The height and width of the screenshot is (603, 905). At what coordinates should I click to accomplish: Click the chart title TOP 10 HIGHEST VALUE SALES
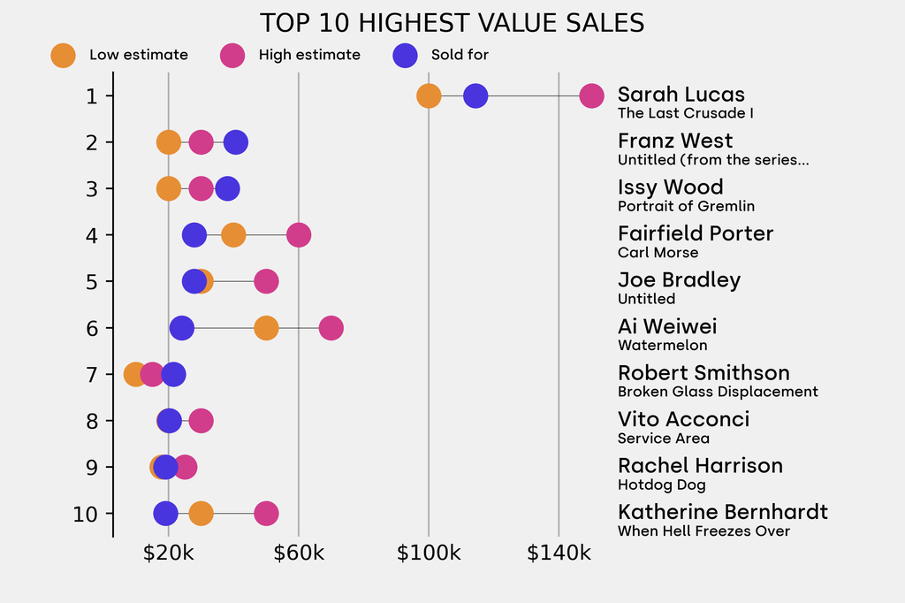tap(452, 22)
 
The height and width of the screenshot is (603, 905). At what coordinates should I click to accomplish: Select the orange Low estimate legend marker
tap(63, 55)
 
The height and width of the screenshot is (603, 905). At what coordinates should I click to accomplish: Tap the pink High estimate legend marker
tap(232, 55)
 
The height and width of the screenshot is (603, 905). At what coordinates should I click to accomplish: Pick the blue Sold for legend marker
tap(404, 55)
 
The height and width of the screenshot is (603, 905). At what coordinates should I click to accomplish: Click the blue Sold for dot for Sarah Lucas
tap(475, 95)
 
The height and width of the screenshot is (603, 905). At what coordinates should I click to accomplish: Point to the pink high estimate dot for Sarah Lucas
tap(591, 95)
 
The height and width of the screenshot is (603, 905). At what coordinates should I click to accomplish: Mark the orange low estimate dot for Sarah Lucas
tap(429, 95)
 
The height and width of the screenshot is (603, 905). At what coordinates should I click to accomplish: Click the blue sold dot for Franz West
tap(235, 141)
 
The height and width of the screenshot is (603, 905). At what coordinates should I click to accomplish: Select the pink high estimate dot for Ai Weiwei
tap(331, 328)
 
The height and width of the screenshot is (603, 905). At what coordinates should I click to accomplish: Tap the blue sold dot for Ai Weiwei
tap(181, 328)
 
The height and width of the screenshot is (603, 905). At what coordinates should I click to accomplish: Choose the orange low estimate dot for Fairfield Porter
tap(233, 235)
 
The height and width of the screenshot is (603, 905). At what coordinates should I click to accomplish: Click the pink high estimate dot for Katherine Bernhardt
tap(266, 514)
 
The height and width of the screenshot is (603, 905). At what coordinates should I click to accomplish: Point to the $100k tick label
tap(429, 553)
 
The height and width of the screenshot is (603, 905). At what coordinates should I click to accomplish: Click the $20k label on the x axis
tap(169, 553)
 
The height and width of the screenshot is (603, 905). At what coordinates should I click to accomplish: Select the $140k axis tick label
tap(559, 553)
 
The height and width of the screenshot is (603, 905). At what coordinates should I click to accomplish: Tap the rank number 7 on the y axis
tap(92, 375)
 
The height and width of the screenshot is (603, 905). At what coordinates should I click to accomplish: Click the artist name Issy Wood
tap(670, 187)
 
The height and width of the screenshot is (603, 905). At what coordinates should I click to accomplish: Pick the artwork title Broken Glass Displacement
tap(718, 392)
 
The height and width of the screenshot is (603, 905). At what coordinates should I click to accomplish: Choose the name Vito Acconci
tap(683, 419)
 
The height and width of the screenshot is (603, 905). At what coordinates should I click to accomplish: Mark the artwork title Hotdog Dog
tap(661, 485)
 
